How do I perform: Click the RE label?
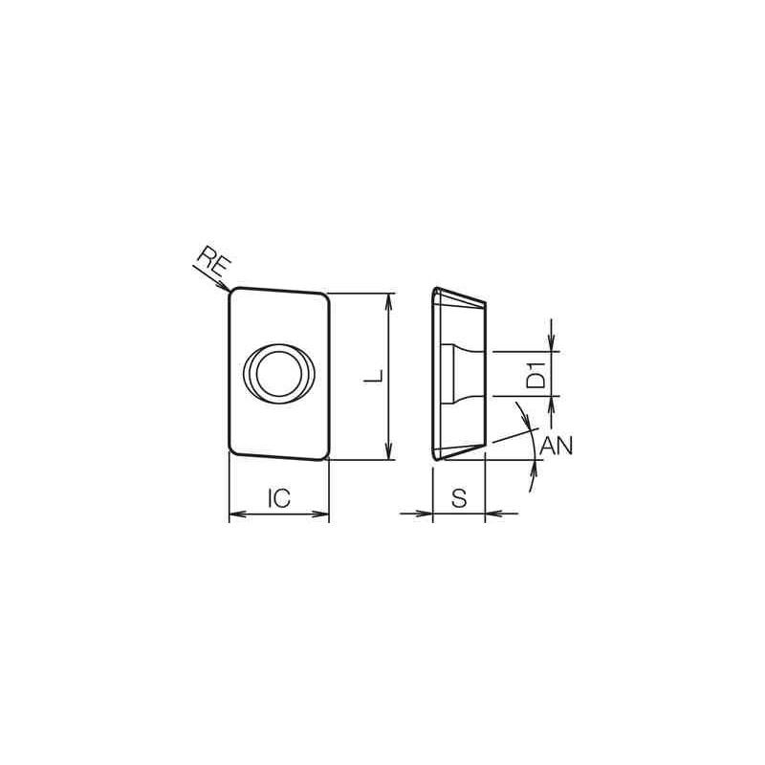(x=210, y=260)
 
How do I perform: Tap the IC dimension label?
(x=279, y=498)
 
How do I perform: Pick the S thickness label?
(x=459, y=498)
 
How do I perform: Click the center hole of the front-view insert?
(x=279, y=373)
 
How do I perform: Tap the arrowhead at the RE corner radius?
(x=226, y=287)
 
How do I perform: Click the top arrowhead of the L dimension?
(x=387, y=298)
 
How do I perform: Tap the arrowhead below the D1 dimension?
(x=553, y=402)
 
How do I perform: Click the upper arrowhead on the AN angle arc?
(x=525, y=417)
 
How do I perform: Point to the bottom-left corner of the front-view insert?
(x=232, y=449)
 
